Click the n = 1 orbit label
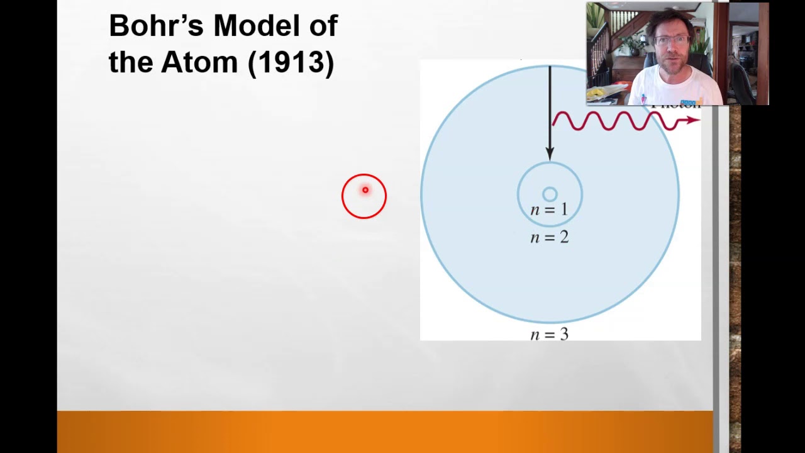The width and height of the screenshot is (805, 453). (549, 210)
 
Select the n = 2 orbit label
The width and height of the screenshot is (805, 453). (549, 237)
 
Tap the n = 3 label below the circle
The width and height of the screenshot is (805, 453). (549, 334)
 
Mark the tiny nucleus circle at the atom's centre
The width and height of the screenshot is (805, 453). (549, 194)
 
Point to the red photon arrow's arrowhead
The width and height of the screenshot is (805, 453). (694, 120)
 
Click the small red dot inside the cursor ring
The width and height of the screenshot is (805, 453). (365, 190)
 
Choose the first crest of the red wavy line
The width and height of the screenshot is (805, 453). (561, 115)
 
